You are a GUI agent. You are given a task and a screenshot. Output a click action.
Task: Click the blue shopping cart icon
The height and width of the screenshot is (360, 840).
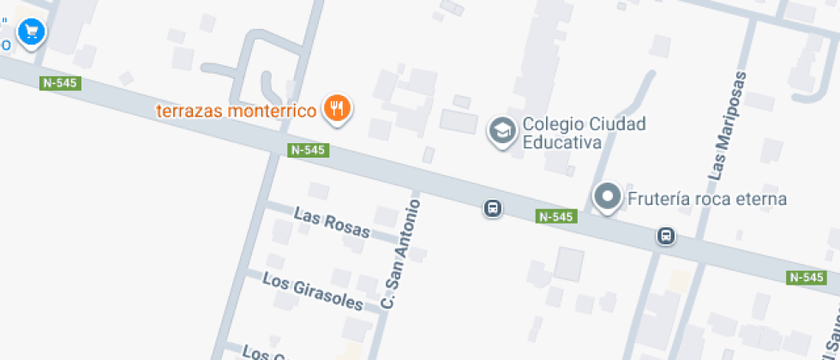pyautogui.click(x=32, y=32)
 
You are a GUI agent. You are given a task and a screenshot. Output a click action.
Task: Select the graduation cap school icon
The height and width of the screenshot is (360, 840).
pyautogui.click(x=501, y=130)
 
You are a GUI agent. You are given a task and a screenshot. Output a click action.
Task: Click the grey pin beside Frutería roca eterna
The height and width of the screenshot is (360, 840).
pyautogui.click(x=608, y=197)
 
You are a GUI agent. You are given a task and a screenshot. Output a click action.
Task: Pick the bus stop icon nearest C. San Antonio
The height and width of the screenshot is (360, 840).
pyautogui.click(x=492, y=208)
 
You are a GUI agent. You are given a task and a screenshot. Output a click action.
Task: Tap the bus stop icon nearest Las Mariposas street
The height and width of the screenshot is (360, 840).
pyautogui.click(x=666, y=235)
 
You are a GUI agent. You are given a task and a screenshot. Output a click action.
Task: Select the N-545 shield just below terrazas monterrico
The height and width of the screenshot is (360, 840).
pyautogui.click(x=308, y=150)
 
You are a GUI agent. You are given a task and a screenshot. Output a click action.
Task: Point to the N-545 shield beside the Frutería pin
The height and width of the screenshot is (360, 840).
pyautogui.click(x=555, y=217)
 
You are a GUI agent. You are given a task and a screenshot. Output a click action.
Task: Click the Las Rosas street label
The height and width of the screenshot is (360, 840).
pyautogui.click(x=332, y=223)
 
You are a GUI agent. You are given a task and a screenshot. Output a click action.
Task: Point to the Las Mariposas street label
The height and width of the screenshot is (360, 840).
pyautogui.click(x=728, y=124)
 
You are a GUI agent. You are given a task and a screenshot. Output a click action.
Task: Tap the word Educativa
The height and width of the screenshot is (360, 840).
pyautogui.click(x=561, y=142)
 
